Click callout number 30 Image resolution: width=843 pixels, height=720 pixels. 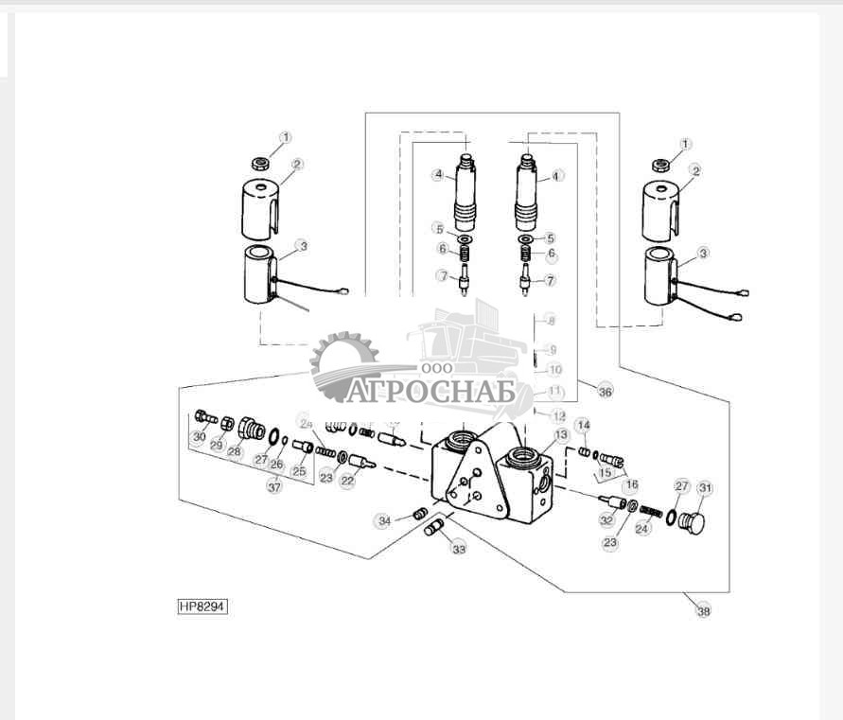click(199, 437)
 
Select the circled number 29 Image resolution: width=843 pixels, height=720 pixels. click(217, 445)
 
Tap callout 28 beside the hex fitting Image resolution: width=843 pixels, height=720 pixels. click(235, 452)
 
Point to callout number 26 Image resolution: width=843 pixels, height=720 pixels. click(277, 464)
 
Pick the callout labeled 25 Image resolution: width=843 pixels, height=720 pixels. click(299, 471)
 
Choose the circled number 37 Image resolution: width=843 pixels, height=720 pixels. click(274, 487)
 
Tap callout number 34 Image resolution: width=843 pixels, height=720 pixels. click(384, 520)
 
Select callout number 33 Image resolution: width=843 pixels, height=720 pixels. click(459, 549)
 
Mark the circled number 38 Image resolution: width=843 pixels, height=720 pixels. click(703, 611)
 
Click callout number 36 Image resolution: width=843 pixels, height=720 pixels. click(606, 391)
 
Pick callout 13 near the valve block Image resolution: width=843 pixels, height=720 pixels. click(562, 434)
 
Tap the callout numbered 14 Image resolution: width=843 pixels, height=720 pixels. click(584, 425)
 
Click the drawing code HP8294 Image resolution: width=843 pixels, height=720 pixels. click(202, 606)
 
